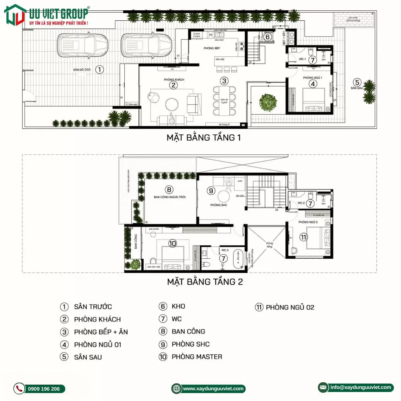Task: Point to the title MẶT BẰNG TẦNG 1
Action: pos(204,137)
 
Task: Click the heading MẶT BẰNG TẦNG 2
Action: pos(205,282)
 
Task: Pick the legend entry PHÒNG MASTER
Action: pos(196,357)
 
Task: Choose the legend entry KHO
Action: pos(178,306)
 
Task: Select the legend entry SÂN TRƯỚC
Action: pos(93,307)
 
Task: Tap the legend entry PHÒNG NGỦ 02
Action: pos(290,307)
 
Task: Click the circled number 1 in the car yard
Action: pos(99,70)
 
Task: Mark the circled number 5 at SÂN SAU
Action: pos(357,82)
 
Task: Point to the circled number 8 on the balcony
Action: pos(169,190)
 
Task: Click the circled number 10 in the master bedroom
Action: pos(172,244)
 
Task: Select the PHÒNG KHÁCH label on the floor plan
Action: pos(174,80)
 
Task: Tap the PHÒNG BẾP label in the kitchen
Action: pos(212,48)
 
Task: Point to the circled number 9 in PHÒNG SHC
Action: pos(211,190)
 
